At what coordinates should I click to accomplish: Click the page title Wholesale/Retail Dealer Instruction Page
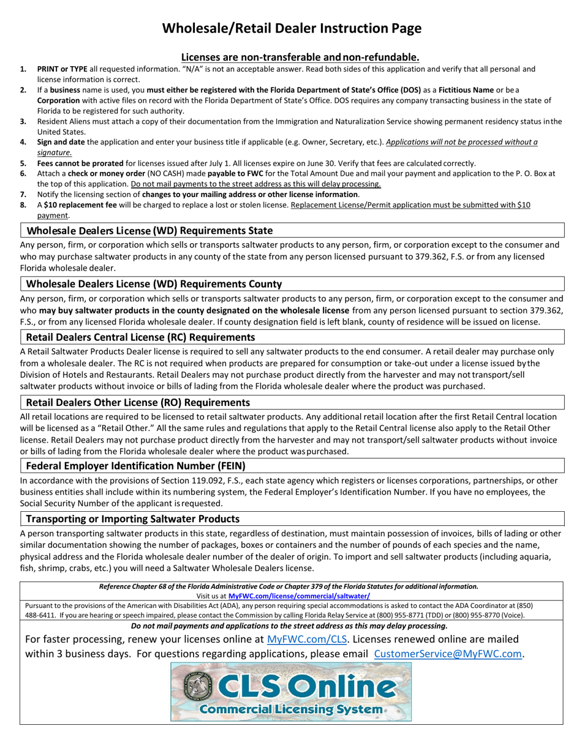[x=291, y=28]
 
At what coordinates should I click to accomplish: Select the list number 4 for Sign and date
[x=23, y=143]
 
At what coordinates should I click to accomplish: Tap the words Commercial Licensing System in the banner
[x=290, y=709]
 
